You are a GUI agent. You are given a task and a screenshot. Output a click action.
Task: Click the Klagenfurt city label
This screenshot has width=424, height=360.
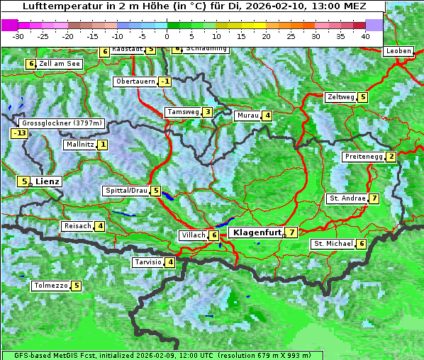point(255,232)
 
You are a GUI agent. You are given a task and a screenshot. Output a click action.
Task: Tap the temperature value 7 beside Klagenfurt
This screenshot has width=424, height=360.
point(292,232)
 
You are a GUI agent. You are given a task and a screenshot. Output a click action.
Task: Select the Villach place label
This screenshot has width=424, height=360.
point(192,235)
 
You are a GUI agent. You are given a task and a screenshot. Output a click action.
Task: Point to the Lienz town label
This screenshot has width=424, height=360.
point(48,181)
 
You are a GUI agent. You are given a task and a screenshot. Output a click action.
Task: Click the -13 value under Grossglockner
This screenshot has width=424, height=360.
point(19,133)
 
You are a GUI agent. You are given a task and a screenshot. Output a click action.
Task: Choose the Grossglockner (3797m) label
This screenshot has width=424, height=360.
point(62,123)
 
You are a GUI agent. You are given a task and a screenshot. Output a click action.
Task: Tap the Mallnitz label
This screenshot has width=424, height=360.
point(79,145)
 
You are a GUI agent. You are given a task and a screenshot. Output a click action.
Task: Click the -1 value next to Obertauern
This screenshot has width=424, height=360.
point(164,81)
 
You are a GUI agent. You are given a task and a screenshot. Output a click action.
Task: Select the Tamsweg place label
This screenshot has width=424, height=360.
point(182,112)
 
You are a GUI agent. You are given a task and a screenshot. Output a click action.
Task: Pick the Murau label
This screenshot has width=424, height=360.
point(247,116)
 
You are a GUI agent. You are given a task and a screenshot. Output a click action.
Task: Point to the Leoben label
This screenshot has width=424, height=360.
point(398,51)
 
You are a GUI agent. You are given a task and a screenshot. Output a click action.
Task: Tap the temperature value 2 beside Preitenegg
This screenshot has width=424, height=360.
point(391,157)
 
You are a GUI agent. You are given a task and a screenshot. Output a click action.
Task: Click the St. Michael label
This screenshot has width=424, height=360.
point(333,244)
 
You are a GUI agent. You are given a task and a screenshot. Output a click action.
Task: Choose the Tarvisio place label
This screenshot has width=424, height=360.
point(147,262)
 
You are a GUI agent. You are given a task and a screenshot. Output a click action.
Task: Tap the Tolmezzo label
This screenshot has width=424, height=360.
point(50,286)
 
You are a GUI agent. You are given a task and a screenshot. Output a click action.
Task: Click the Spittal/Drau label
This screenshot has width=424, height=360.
point(126,191)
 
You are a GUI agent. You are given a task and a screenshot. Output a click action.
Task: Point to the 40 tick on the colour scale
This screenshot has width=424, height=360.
point(365,35)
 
